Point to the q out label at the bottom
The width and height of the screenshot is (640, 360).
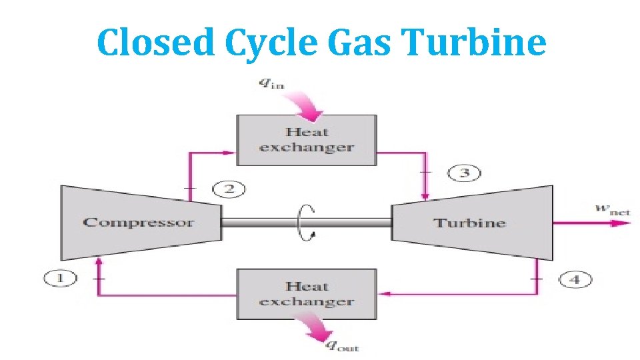[x=341, y=345]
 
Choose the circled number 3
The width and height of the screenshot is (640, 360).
[x=464, y=173]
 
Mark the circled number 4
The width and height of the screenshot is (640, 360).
[x=575, y=279]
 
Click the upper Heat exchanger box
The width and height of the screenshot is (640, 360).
[x=307, y=140]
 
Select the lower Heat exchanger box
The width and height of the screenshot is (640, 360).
[x=307, y=294]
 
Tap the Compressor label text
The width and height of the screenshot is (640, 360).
[x=138, y=223]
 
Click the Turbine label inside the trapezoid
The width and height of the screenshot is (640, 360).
[x=469, y=223]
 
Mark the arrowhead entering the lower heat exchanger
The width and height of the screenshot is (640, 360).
[x=384, y=293]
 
